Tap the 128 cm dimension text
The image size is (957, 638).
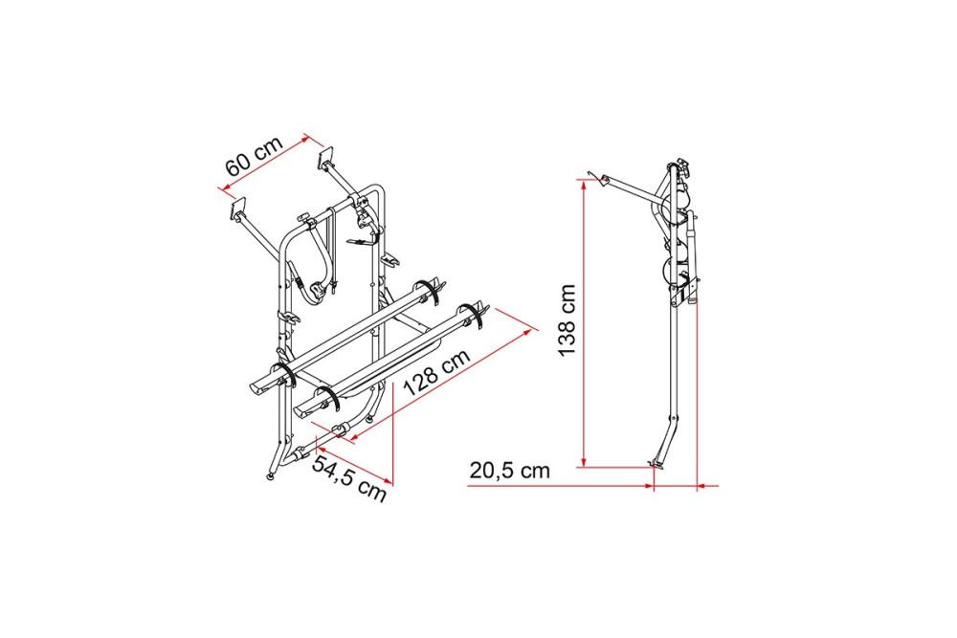point(436,372)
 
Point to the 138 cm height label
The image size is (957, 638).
point(567,319)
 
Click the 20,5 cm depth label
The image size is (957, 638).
point(510,471)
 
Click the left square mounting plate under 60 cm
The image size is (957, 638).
point(238,208)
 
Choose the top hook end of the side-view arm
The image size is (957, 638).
point(593,175)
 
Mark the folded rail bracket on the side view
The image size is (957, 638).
point(688,287)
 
